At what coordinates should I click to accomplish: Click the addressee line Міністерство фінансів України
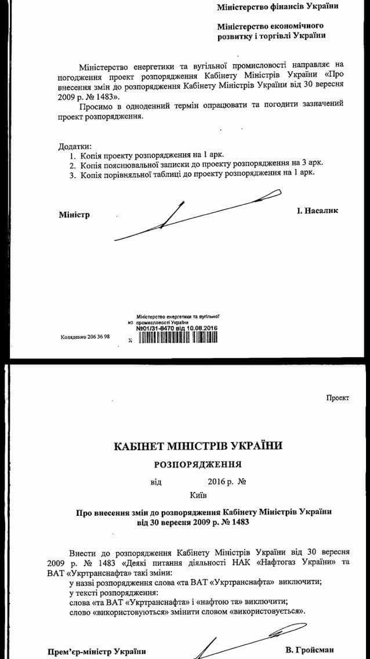[278, 8]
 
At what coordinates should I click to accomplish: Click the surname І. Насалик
[317, 211]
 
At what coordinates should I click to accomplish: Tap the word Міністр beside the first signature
[74, 215]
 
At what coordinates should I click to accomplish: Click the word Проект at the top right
[338, 398]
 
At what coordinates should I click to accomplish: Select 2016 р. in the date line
[219, 481]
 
